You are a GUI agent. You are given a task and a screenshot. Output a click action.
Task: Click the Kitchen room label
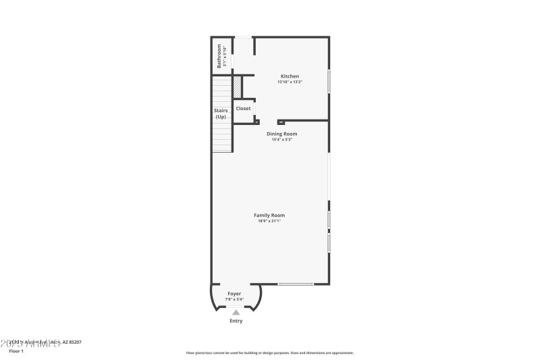point(290,76)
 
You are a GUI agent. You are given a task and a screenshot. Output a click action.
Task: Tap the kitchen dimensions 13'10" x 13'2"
point(290,82)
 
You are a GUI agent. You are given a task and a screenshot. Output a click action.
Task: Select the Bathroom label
point(219,56)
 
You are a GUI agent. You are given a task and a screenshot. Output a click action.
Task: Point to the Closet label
point(243,108)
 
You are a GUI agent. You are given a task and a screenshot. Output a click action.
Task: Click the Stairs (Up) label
point(221,113)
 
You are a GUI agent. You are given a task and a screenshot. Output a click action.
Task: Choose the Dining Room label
point(281,134)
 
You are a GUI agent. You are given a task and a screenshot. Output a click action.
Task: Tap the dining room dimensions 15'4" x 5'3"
point(281,140)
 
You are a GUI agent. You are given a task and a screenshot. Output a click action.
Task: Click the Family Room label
point(269,215)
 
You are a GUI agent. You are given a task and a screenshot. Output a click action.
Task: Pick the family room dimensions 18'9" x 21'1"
point(269,221)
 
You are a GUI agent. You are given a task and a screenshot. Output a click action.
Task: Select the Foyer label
point(234,294)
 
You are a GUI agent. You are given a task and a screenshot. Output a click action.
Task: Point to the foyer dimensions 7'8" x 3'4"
point(234,299)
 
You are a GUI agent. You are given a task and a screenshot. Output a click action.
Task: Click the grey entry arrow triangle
point(235,312)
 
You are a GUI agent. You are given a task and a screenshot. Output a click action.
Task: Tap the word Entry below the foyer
point(235,321)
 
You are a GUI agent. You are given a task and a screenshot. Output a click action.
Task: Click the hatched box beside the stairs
point(238,87)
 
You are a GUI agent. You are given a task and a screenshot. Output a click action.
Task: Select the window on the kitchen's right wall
point(329,81)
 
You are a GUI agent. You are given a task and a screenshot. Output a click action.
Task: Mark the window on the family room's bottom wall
point(296,284)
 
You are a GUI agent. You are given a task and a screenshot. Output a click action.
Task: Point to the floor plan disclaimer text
point(269,353)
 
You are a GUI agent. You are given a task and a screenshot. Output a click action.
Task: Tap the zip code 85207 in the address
point(74,342)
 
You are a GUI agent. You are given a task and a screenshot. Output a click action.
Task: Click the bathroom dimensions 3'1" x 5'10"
point(225,56)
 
